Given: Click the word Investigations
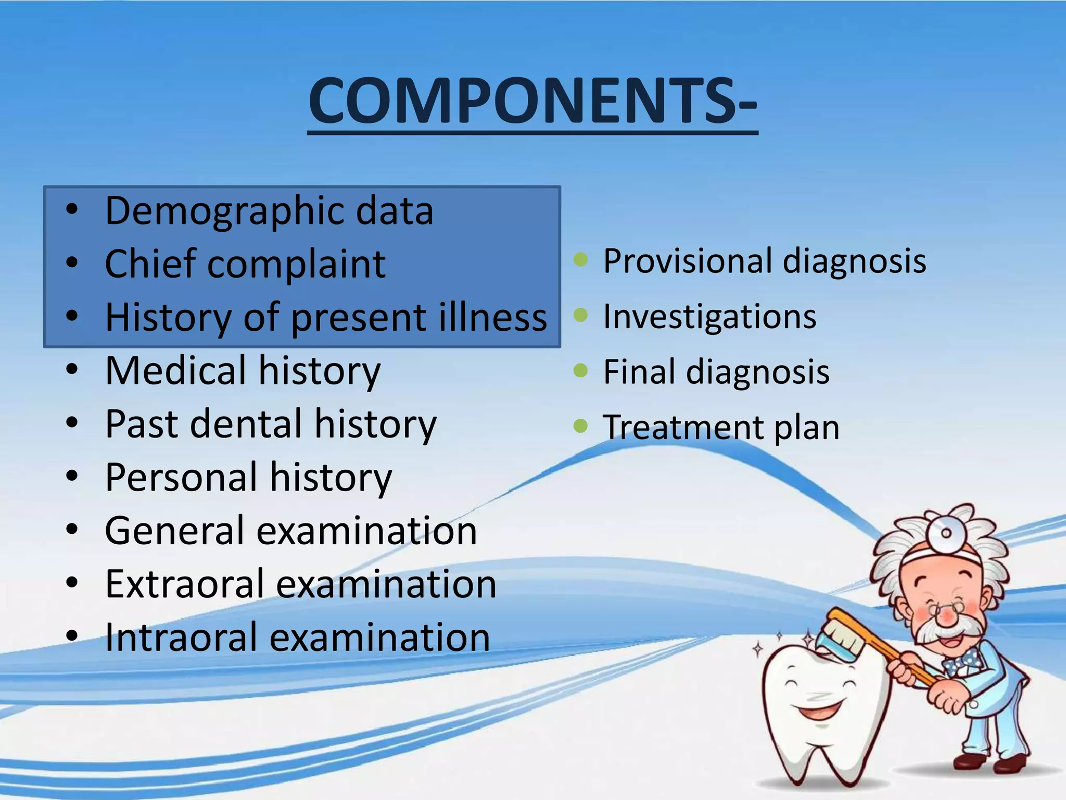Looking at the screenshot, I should (709, 317).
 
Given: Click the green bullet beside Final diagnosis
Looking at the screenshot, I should (580, 371).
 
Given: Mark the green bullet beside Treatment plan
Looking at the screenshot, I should (580, 426).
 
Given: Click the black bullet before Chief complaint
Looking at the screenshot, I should (72, 263).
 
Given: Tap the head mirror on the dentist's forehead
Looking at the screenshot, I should (946, 532).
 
